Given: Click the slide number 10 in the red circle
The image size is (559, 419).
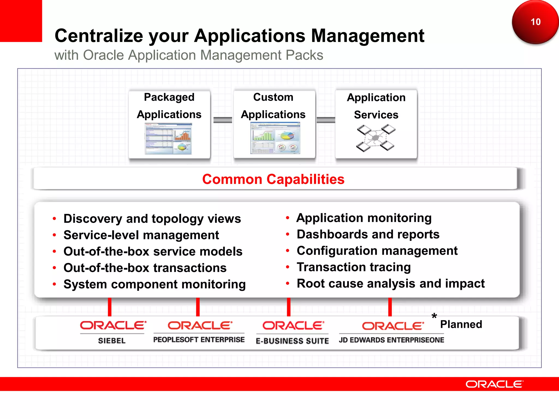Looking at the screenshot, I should [536, 22].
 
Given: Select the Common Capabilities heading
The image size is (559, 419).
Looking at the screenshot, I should [273, 179].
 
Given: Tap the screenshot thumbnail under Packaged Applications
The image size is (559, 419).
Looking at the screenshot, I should [168, 139].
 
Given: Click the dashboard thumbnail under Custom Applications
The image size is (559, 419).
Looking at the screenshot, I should [275, 138].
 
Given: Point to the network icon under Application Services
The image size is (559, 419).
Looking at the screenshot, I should [376, 138].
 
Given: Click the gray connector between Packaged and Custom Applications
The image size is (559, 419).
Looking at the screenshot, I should [222, 120].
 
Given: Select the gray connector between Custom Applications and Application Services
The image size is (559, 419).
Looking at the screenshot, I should [326, 120].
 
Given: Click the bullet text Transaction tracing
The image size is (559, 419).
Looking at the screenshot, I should [353, 267].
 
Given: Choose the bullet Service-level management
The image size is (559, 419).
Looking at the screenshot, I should [141, 235].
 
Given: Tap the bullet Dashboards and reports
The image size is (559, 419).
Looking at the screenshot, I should [368, 234].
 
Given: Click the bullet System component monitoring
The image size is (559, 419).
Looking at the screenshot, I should [154, 284].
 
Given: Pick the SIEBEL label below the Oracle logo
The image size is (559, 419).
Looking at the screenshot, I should [112, 341].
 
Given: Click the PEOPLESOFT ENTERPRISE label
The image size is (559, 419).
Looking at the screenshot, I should [199, 340].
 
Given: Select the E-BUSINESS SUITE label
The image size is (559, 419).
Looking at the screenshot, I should [292, 341].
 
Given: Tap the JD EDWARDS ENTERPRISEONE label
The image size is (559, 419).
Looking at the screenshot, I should [391, 340].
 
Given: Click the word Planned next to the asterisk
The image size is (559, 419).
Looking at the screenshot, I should [461, 324].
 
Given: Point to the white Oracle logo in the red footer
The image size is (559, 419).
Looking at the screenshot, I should [494, 384].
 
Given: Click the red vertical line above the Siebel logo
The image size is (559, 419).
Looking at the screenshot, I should [109, 307].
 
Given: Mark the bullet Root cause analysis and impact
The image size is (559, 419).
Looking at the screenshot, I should [391, 283].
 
